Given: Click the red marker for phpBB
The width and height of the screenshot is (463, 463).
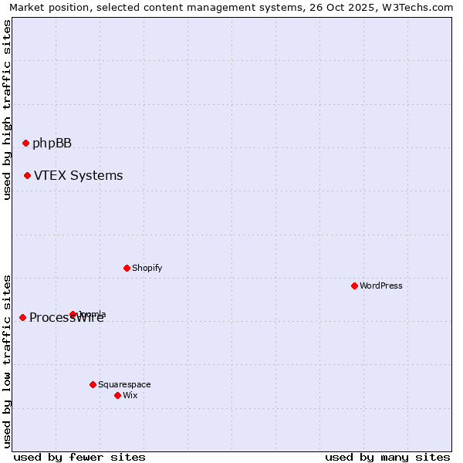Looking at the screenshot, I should pyautogui.click(x=25, y=143).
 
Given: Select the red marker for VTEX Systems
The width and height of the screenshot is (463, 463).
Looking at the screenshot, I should pyautogui.click(x=27, y=175).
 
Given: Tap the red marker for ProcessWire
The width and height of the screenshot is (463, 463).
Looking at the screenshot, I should pyautogui.click(x=22, y=317).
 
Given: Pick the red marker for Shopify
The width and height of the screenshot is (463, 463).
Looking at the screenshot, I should pyautogui.click(x=127, y=268).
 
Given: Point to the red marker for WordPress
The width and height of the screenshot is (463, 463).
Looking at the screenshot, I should pyautogui.click(x=354, y=286).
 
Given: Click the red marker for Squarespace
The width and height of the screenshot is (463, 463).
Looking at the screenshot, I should pyautogui.click(x=93, y=384).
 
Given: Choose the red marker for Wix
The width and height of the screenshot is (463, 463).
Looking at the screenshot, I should pyautogui.click(x=117, y=395).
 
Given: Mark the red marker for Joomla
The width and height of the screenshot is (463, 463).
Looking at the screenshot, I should pyautogui.click(x=73, y=314).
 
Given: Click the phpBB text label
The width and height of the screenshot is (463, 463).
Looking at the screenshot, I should pyautogui.click(x=52, y=143).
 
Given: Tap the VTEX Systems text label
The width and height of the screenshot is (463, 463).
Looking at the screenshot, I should pyautogui.click(x=78, y=175).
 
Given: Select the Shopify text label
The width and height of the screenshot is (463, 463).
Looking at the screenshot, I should pyautogui.click(x=147, y=268).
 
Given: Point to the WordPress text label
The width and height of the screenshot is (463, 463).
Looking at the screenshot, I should pyautogui.click(x=380, y=286).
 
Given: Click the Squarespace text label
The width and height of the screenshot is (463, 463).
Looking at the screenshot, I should pyautogui.click(x=124, y=384).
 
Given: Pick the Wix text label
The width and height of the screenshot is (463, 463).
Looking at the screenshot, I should pyautogui.click(x=130, y=395).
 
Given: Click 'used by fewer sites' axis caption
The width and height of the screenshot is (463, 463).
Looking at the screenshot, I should pyautogui.click(x=79, y=457).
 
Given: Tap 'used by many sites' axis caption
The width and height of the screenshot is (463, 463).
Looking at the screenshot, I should pyautogui.click(x=387, y=457).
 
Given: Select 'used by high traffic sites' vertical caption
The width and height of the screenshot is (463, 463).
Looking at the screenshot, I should pyautogui.click(x=7, y=110).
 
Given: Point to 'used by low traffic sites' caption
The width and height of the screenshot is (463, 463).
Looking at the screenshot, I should pyautogui.click(x=7, y=360).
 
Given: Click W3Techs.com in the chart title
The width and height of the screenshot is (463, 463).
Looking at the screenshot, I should pyautogui.click(x=422, y=8).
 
